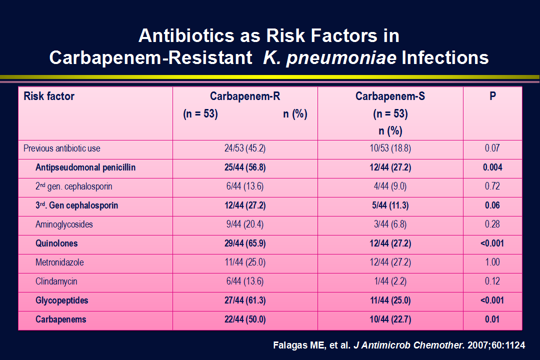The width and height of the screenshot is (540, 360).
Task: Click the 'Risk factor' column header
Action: pyautogui.click(x=49, y=96)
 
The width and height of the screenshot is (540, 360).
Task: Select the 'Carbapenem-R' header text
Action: pyautogui.click(x=245, y=96)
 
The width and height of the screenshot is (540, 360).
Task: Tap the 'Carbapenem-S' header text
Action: pyautogui.click(x=390, y=96)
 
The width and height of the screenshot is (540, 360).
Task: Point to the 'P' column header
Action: pyautogui.click(x=493, y=96)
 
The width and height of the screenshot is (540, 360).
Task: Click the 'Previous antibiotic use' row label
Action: pyautogui.click(x=62, y=148)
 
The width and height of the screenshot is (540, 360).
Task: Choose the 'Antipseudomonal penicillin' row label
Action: pyautogui.click(x=85, y=167)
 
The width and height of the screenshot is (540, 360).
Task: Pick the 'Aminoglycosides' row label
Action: pyautogui.click(x=64, y=224)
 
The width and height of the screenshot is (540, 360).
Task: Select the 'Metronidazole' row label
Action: pyautogui.click(x=59, y=262)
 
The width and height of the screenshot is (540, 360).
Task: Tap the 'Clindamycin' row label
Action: pyautogui.click(x=56, y=281)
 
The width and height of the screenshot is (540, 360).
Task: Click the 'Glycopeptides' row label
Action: pyautogui.click(x=61, y=300)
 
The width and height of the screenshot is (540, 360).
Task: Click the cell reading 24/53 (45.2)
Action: pyautogui.click(x=245, y=148)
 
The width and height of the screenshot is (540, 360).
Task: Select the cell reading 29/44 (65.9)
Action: pyautogui.click(x=245, y=243)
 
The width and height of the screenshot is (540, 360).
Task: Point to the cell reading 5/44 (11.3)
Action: pyautogui.click(x=390, y=205)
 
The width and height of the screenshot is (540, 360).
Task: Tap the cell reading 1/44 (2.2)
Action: pyautogui.click(x=390, y=281)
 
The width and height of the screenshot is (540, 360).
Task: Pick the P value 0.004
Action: pyautogui.click(x=492, y=167)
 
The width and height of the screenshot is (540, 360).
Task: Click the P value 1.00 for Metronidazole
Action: pyautogui.click(x=492, y=262)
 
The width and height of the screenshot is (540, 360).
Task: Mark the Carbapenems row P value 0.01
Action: pyautogui.click(x=492, y=319)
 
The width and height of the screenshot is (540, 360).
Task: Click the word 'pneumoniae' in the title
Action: pyautogui.click(x=341, y=58)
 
